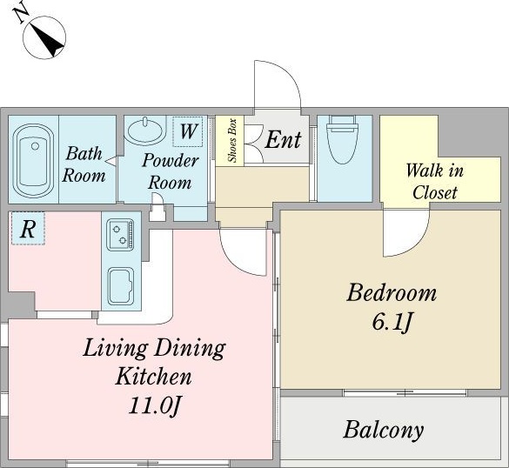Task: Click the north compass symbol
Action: click(x=44, y=37)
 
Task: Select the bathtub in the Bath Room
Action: click(x=33, y=161)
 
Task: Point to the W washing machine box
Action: click(x=188, y=131)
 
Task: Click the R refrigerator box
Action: click(x=28, y=228)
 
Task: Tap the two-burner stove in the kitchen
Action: click(x=120, y=235)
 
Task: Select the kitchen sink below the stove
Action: click(x=120, y=286)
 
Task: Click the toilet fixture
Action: click(x=344, y=139)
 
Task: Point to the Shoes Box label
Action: click(x=233, y=141)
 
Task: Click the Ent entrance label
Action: click(x=283, y=140)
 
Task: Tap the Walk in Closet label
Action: click(x=435, y=182)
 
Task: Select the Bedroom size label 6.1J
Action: click(x=392, y=322)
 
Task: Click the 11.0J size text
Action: click(x=154, y=405)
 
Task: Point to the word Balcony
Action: click(x=384, y=430)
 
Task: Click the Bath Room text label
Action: click(x=84, y=164)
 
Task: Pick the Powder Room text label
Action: click(x=171, y=171)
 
